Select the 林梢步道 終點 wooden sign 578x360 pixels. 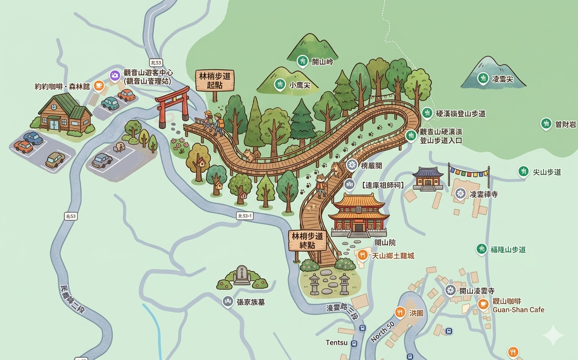pyautogui.click(x=307, y=240)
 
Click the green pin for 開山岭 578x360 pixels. pyautogui.click(x=302, y=61)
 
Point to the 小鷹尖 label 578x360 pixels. pyautogui.click(x=300, y=85)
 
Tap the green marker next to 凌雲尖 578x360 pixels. pyautogui.click(x=483, y=79)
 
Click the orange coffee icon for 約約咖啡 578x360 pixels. pyautogui.click(x=99, y=86)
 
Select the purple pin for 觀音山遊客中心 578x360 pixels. pyautogui.click(x=115, y=75)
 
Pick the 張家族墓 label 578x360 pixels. pyautogui.click(x=251, y=302)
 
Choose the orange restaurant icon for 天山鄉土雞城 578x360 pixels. pyautogui.click(x=363, y=255)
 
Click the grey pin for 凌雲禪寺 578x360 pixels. pyautogui.click(x=461, y=193)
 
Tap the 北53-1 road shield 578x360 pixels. pyautogui.click(x=244, y=215)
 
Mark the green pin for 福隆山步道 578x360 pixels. pyautogui.click(x=481, y=249)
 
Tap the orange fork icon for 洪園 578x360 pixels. pyautogui.click(x=400, y=312)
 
